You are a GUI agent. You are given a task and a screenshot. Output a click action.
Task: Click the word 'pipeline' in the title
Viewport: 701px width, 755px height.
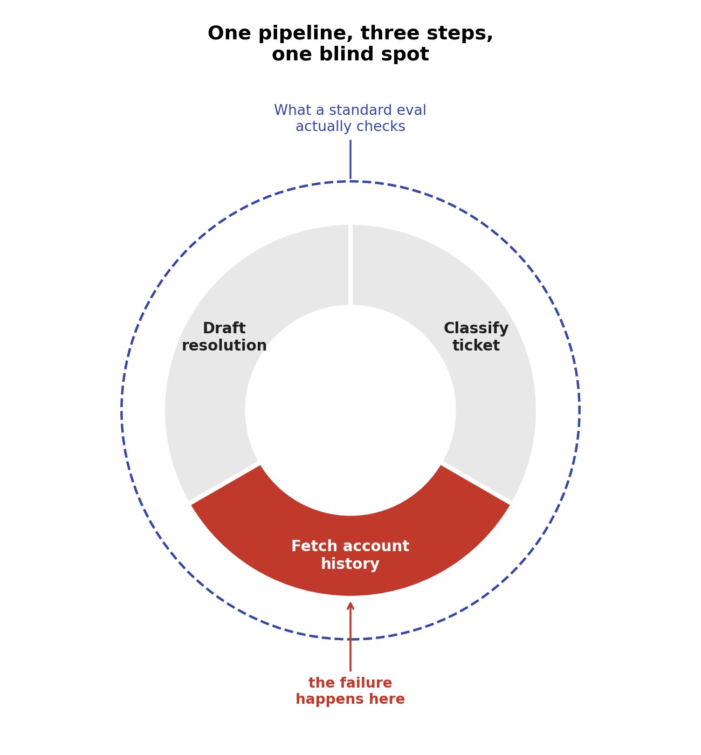pyautogui.click(x=305, y=33)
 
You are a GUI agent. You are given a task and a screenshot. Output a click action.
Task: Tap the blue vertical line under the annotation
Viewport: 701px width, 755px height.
pyautogui.click(x=350, y=160)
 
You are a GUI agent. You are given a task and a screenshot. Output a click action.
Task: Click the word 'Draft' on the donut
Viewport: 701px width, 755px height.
pyautogui.click(x=224, y=328)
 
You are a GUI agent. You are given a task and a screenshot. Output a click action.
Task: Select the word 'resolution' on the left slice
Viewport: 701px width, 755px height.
pyautogui.click(x=224, y=346)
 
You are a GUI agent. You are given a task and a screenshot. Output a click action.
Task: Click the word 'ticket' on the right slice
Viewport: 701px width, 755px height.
pyautogui.click(x=476, y=346)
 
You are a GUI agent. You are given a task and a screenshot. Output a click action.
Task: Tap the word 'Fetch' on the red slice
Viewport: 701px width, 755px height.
pyautogui.click(x=314, y=546)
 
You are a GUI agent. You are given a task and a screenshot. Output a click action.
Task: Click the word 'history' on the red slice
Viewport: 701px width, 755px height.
pyautogui.click(x=350, y=564)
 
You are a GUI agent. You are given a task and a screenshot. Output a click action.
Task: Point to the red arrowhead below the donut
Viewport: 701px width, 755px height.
pyautogui.click(x=350, y=606)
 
